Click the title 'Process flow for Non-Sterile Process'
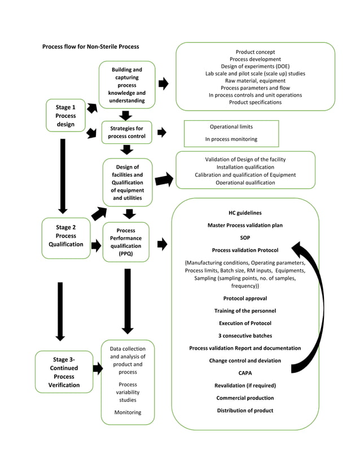tap(90, 46)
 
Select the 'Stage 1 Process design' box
tap(65, 116)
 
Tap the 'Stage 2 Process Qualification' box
tap(66, 236)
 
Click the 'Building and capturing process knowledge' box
tap(127, 85)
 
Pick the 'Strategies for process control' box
tap(126, 133)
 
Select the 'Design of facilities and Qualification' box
tap(128, 183)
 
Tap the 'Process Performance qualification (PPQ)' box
tap(126, 242)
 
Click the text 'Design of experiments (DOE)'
tap(255, 67)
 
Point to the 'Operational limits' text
tap(231, 127)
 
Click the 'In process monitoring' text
tap(231, 139)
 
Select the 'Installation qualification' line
tap(245, 168)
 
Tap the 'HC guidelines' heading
tap(245, 213)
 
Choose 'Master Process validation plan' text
tap(245, 226)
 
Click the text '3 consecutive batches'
tap(245, 336)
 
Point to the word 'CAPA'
tap(245, 373)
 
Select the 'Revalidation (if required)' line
tap(245, 385)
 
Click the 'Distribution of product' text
tap(245, 410)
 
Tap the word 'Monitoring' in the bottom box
tap(128, 412)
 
